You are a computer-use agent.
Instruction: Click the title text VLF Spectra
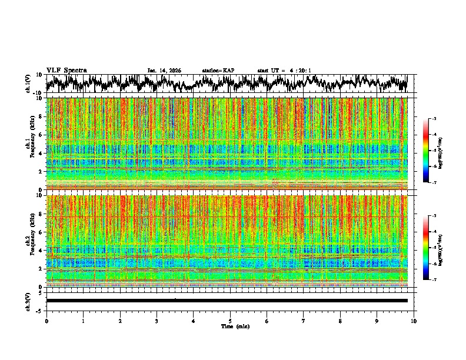66,70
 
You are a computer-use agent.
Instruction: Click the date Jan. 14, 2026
164,71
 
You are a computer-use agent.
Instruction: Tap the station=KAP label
218,71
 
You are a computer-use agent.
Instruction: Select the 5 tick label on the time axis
230,321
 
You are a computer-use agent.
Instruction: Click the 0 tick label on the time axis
46,321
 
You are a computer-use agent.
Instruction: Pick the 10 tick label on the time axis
414,321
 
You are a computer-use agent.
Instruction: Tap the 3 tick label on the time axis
157,321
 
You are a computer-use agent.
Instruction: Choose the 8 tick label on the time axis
340,321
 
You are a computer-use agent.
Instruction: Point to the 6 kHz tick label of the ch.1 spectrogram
41,135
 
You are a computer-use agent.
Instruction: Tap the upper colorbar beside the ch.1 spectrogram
431,151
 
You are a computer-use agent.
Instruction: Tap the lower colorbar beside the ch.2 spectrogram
431,248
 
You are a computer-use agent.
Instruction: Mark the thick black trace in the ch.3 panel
227,301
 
